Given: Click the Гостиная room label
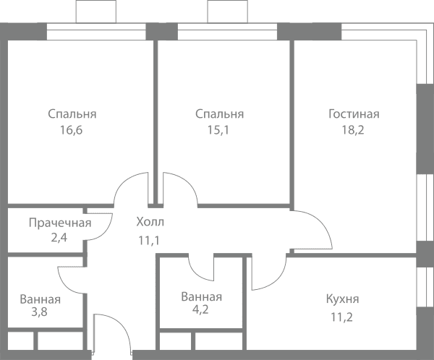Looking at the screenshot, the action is click(x=354, y=114).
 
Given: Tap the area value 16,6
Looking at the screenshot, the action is click(x=72, y=130).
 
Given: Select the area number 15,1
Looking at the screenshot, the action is click(x=218, y=130).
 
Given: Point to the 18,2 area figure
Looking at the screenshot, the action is click(x=353, y=130).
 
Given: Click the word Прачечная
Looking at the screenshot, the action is click(x=60, y=223).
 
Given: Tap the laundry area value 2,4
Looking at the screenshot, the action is click(x=59, y=238).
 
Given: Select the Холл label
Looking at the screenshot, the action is click(x=150, y=222).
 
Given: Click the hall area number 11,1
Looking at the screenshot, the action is click(x=149, y=241).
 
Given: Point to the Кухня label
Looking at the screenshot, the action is click(x=342, y=299).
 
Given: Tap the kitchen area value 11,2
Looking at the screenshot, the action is click(x=342, y=317).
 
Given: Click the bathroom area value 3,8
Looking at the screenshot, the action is click(x=39, y=312).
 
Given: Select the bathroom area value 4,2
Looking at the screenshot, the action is click(x=200, y=309).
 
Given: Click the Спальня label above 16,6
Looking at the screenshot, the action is click(x=72, y=114).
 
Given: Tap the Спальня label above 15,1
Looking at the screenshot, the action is click(x=220, y=114).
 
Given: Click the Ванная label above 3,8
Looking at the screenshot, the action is click(x=40, y=299).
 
